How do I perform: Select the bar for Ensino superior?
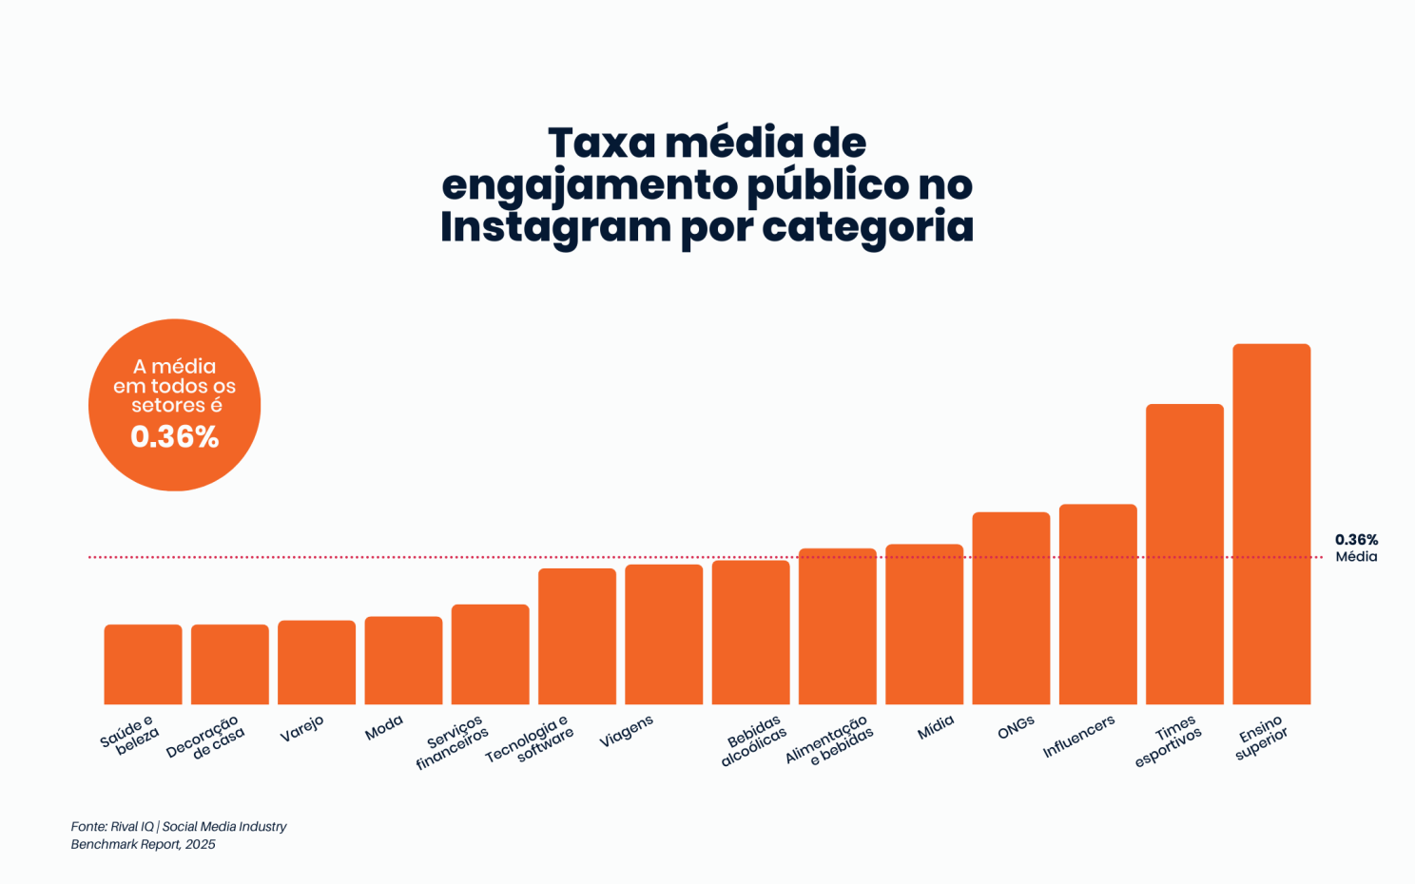(x=1271, y=524)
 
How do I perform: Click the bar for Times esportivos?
(x=1184, y=554)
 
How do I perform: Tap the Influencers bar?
(x=1097, y=605)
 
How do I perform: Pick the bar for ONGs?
(x=1011, y=608)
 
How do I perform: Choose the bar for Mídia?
(x=924, y=625)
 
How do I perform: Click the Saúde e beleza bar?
(x=143, y=664)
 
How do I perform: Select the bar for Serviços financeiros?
(x=490, y=654)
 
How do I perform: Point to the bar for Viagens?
(x=664, y=634)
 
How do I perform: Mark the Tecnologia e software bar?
(x=577, y=636)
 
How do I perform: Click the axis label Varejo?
(x=301, y=729)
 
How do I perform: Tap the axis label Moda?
(x=384, y=728)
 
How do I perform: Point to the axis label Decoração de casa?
(x=205, y=738)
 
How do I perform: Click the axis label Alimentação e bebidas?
(x=828, y=740)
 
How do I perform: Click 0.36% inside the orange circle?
(x=175, y=436)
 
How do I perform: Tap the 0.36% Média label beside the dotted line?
(x=1356, y=548)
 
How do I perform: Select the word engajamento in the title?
(x=590, y=184)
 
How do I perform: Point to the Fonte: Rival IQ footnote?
(x=178, y=835)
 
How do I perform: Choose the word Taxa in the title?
(x=602, y=143)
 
